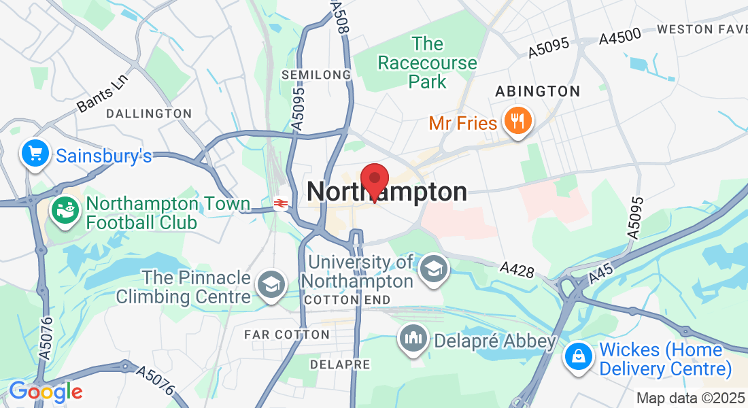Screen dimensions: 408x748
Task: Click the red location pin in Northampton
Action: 374,180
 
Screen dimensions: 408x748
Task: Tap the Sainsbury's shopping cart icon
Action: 33,153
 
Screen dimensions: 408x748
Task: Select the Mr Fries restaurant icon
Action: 518,120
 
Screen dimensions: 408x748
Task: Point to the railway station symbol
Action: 279,203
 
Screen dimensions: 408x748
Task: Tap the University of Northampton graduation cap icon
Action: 433,269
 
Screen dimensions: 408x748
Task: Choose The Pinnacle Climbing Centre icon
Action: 271,286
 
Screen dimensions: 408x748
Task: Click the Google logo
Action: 46,392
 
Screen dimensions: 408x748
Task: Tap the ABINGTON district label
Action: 538,91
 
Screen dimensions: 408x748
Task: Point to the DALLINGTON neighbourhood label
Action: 149,114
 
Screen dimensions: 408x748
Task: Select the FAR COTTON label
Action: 286,335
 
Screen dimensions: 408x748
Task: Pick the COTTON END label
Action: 347,300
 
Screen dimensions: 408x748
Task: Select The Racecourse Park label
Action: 428,63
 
